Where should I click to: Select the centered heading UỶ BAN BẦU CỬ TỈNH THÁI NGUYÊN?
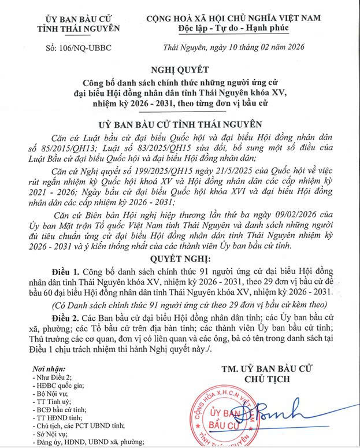tap(180, 124)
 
